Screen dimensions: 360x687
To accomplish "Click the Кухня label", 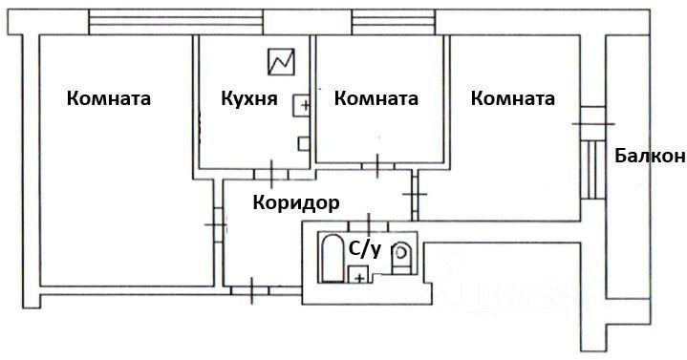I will tap(248, 99).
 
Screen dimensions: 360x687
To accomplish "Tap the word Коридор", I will tap(296, 202).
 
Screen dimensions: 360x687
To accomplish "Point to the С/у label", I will tap(364, 250).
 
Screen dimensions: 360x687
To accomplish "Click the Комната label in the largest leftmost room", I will tap(109, 98).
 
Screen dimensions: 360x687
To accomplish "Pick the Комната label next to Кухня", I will tap(376, 98).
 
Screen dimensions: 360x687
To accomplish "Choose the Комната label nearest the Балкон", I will tap(513, 98).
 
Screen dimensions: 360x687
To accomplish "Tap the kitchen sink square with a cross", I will tap(301, 106).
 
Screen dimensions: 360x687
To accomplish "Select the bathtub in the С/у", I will tap(331, 258).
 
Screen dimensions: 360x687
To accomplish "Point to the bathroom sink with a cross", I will tap(358, 276).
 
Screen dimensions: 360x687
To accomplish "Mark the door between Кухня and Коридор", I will tap(271, 174).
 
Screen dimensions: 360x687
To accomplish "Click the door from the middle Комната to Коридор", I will tap(377, 166).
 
